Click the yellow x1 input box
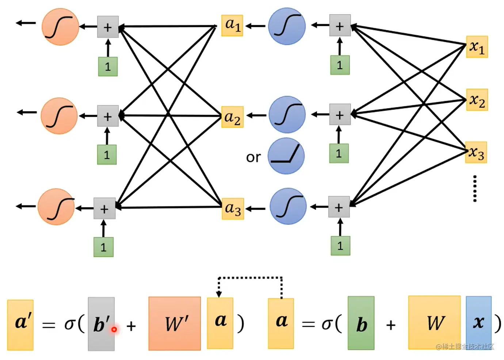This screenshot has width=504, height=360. [477, 47]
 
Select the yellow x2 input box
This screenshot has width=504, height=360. [477, 100]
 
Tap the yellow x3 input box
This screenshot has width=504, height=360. [476, 152]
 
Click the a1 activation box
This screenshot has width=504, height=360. [232, 25]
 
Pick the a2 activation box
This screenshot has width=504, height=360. [232, 117]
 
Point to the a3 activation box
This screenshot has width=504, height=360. [233, 208]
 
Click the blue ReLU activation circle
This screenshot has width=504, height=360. [286, 156]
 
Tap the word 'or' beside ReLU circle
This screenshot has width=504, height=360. [253, 157]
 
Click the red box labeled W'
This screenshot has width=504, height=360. [175, 323]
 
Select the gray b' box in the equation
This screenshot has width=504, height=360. [101, 324]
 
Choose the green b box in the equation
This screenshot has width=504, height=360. [361, 323]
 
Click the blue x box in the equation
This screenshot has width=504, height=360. [478, 323]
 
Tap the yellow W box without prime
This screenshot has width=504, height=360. [435, 323]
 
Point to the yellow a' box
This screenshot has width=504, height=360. [20, 325]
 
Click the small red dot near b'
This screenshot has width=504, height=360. [114, 329]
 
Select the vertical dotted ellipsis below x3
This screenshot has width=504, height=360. [475, 188]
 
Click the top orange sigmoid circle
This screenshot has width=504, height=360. [60, 27]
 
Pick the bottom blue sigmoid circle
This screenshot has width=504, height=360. [288, 206]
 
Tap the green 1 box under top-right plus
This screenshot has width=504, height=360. [340, 65]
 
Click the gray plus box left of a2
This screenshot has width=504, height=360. [108, 116]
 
